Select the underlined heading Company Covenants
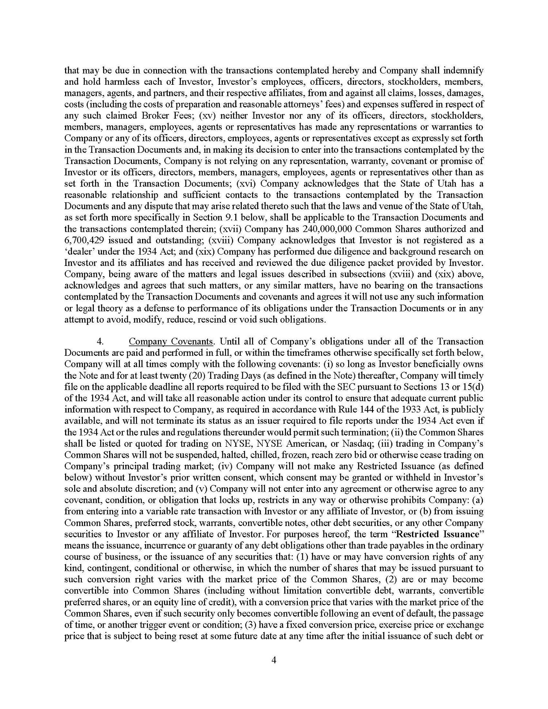pos(171,342)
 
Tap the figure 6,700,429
pos(82,240)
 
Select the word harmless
pos(110,81)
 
